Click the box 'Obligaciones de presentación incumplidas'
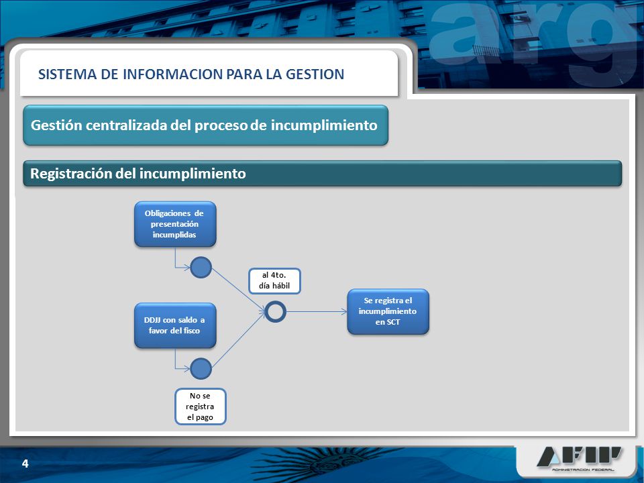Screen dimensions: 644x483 point(175,224)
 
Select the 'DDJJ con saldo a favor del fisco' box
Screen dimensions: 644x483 point(175,325)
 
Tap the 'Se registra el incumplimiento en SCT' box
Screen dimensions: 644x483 point(388,311)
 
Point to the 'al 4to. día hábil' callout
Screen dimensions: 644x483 point(274,281)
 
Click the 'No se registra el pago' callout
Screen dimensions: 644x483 point(201,407)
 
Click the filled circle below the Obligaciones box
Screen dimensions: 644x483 point(201,268)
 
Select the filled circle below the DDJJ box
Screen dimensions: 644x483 point(201,368)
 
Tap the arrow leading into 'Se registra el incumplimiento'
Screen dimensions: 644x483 point(317,312)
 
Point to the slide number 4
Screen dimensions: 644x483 point(25,464)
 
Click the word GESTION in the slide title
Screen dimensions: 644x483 point(315,74)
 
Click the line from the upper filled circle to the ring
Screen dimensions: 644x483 point(239,289)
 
